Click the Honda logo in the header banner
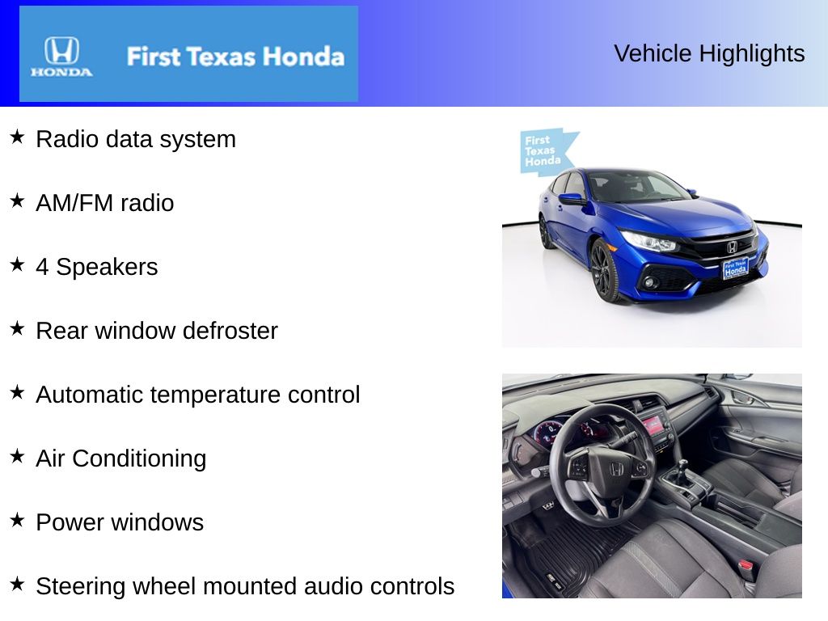point(61,56)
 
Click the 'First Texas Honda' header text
point(234,57)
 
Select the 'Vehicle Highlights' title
point(709,53)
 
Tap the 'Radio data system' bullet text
point(136,139)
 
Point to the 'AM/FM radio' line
point(104,203)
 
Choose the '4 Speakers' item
point(96,267)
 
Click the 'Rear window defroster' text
point(156,331)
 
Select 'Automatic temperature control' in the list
point(197,395)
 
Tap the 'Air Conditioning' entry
point(120,458)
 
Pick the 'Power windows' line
point(119,522)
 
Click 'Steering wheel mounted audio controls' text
point(245,586)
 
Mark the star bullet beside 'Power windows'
point(17,521)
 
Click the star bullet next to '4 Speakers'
point(17,265)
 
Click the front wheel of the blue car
point(602,270)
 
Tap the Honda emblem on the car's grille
point(732,247)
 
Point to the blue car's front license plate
point(734,268)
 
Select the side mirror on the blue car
point(571,198)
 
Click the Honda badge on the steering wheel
point(616,469)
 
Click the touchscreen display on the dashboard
point(653,423)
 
